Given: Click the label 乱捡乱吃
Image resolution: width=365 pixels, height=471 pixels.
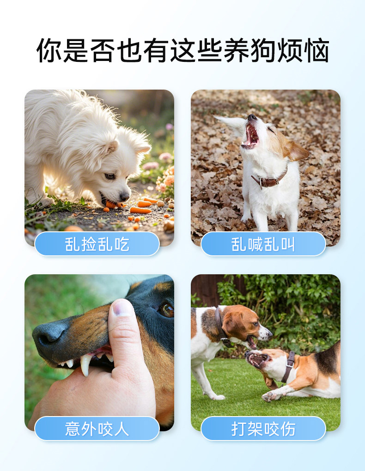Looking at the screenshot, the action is [97, 244].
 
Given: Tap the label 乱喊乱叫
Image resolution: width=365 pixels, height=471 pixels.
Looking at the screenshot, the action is [263, 244].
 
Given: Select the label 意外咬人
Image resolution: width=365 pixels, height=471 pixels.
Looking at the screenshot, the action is [97, 429].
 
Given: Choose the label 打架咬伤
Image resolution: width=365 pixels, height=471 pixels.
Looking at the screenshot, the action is [263, 429].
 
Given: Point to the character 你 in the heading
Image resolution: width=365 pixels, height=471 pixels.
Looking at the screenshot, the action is [49, 50].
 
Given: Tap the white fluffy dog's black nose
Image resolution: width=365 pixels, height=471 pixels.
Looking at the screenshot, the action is [124, 196].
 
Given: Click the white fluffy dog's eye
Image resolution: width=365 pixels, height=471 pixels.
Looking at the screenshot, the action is [110, 176].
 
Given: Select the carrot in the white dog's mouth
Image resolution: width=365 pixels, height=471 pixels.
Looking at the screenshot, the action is [113, 205].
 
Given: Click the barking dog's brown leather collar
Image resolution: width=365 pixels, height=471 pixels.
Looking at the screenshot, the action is [269, 181].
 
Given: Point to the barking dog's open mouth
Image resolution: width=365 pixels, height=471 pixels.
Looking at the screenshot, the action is [251, 136].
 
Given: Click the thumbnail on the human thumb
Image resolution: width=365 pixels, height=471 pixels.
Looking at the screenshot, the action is [123, 308].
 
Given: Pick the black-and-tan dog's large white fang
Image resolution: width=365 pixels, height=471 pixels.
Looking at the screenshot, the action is [85, 365].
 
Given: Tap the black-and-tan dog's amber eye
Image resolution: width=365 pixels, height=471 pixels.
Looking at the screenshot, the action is [167, 310].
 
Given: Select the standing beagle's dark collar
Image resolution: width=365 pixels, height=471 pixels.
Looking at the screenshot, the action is [222, 327].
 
